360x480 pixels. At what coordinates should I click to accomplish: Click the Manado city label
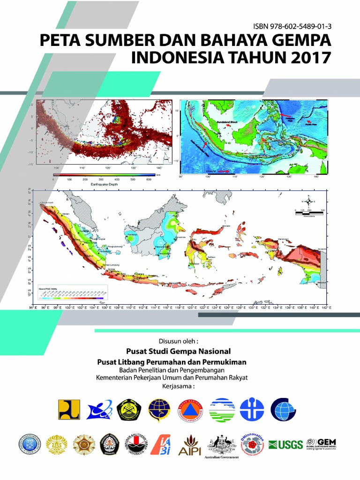(x=226, y=226)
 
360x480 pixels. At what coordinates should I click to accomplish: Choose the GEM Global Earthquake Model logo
(x=322, y=444)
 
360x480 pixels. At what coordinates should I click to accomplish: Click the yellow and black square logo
(x=69, y=409)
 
